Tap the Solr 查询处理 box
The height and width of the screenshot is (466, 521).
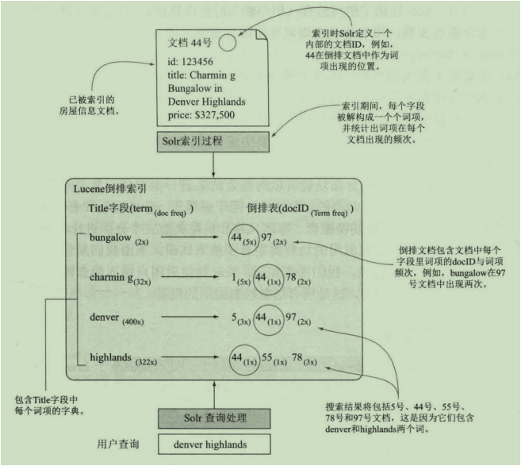[x=214, y=418]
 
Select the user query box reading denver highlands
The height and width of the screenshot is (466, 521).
[x=214, y=445]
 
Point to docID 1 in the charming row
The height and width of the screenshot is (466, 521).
[x=235, y=278]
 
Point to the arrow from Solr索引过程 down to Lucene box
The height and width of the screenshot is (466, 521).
[x=214, y=165]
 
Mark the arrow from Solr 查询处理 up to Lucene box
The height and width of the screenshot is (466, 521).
[x=214, y=394]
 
